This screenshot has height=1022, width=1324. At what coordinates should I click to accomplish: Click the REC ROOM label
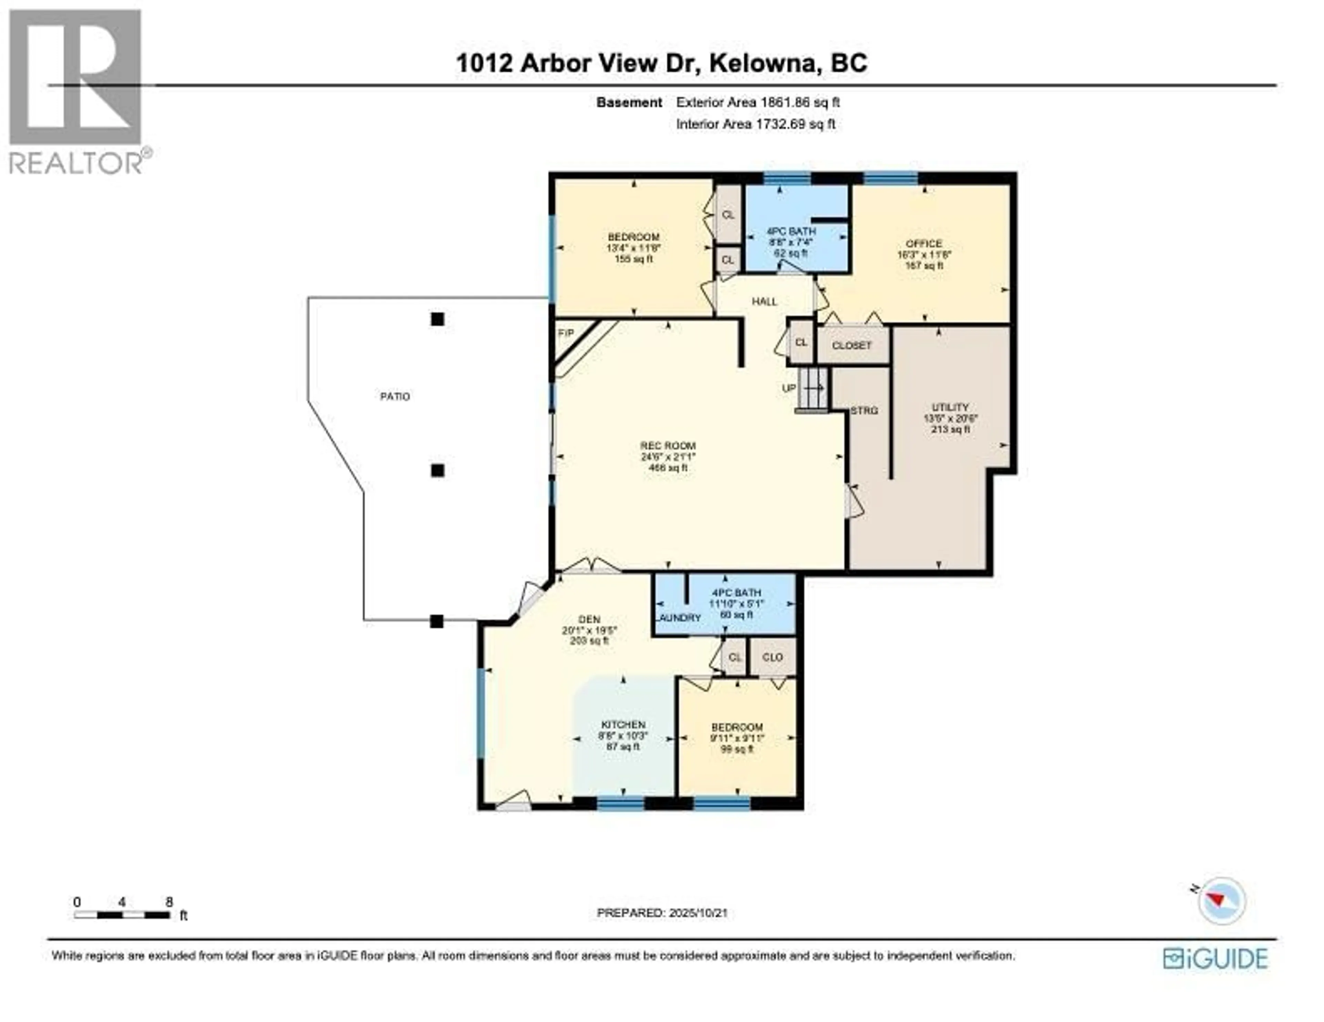coord(668,445)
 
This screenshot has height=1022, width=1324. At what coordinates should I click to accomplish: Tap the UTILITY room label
coord(950,407)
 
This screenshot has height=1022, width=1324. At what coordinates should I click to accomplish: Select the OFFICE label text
coord(924,244)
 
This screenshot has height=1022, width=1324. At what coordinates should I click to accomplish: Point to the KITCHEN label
coord(623,724)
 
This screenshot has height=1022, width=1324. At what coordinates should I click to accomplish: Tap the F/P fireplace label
coord(565,333)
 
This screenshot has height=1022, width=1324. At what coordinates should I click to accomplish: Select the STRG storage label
coord(864,411)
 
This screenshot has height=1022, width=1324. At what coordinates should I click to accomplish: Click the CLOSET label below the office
coord(851,345)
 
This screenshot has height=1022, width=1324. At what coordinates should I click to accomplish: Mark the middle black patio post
coord(437,470)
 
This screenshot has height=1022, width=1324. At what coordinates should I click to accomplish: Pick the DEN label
coord(589,619)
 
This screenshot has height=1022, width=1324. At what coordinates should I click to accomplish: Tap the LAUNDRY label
coord(679,617)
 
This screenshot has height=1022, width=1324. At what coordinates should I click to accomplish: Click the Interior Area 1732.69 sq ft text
coord(755,124)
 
